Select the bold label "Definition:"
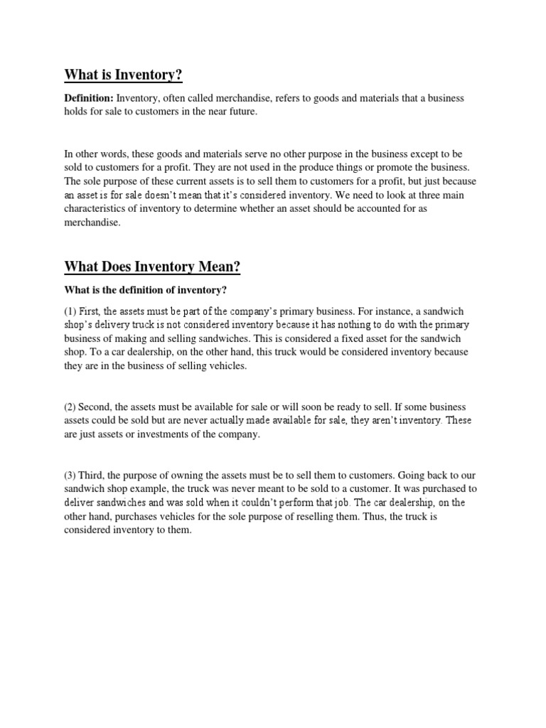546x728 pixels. point(89,98)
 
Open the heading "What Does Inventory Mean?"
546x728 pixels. point(152,267)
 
